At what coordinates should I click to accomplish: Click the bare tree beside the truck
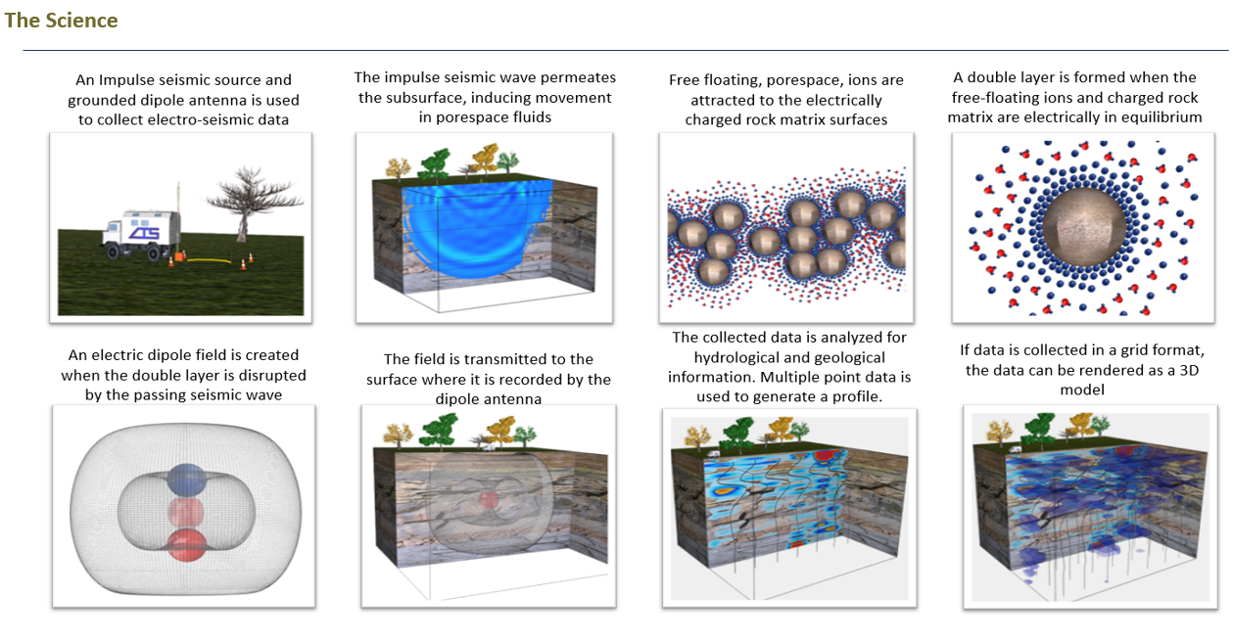click(240, 201)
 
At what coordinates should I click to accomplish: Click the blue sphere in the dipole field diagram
click(186, 480)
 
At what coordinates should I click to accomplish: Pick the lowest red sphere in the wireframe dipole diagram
click(185, 545)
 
